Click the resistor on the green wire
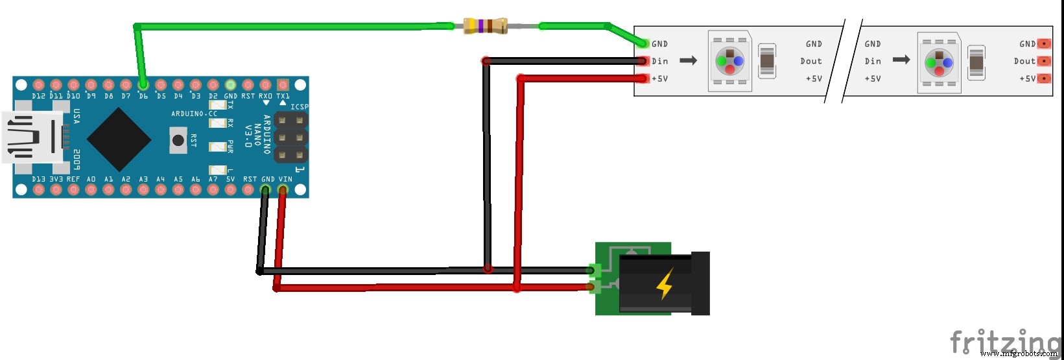point(486,26)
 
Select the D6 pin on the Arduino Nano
point(143,85)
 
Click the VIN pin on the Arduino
point(283,190)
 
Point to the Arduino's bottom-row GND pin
point(265,190)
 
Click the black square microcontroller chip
point(119,139)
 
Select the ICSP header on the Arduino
point(290,138)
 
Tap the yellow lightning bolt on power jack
point(665,284)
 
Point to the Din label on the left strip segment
point(660,61)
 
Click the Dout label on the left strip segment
point(810,61)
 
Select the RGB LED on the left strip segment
point(729,61)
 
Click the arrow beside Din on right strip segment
point(901,60)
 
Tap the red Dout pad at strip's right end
point(1044,61)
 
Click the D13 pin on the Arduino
point(38,190)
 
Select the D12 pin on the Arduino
point(38,85)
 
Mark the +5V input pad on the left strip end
point(643,78)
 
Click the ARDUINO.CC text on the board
point(194,114)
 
